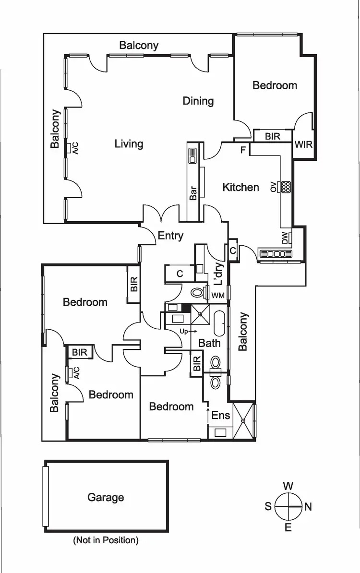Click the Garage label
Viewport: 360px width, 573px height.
(106, 498)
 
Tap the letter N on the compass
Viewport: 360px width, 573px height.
(308, 507)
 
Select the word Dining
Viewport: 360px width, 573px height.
(198, 101)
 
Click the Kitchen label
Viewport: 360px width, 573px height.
(241, 187)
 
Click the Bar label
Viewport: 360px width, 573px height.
(193, 193)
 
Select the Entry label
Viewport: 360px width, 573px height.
(170, 236)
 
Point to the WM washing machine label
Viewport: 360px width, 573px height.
(218, 296)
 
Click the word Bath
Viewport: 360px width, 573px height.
(209, 343)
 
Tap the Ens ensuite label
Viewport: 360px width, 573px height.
(221, 416)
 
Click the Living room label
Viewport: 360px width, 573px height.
(129, 143)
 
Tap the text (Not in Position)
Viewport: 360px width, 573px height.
(106, 540)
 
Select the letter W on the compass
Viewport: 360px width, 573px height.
(288, 486)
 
